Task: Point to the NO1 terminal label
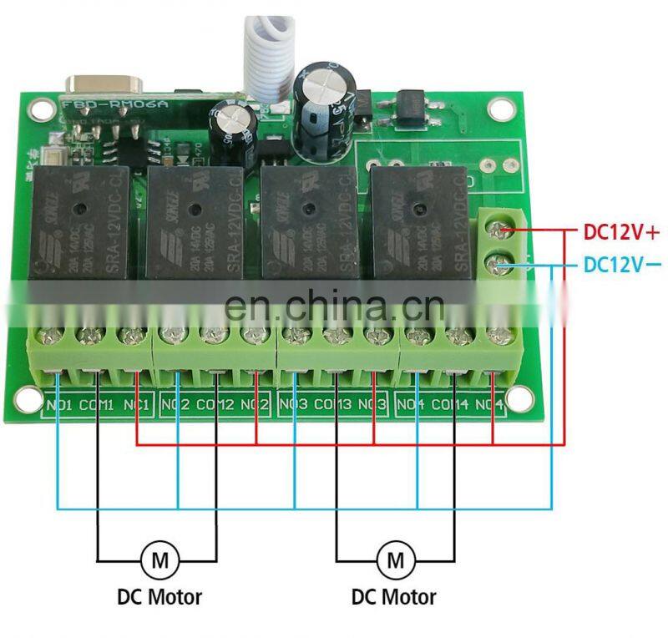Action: coord(58,407)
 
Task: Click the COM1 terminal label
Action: coord(98,407)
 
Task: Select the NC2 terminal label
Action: coord(255,407)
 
